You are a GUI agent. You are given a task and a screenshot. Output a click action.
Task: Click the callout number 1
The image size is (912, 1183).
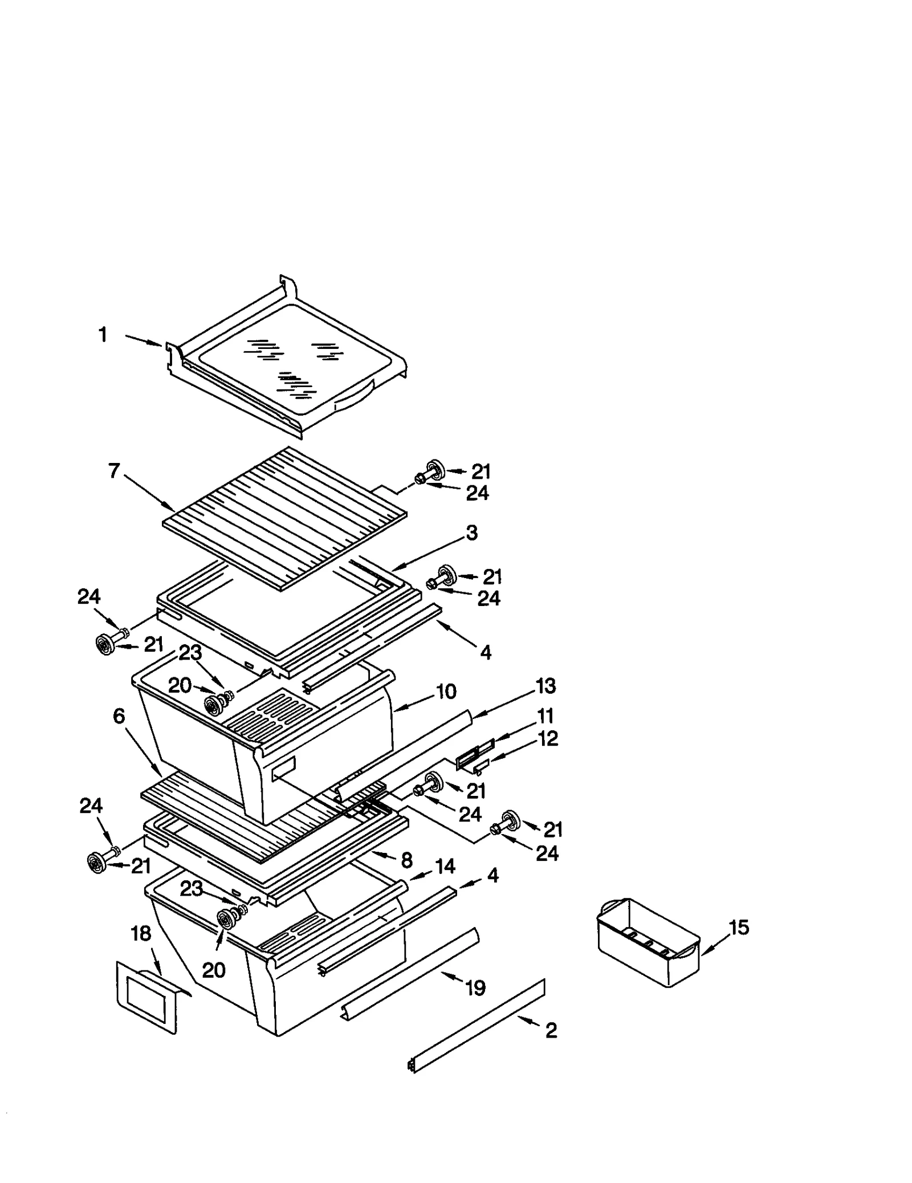click(103, 335)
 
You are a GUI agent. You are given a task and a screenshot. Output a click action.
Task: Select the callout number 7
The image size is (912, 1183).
click(114, 471)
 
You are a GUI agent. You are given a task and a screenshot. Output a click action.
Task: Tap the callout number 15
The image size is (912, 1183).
click(739, 928)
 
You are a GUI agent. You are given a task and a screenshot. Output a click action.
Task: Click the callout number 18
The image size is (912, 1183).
click(141, 933)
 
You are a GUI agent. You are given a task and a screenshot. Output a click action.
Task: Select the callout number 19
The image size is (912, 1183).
click(475, 987)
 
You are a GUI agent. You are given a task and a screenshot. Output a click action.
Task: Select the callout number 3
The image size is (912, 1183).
click(471, 533)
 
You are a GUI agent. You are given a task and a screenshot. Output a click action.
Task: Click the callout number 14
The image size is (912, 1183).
click(445, 866)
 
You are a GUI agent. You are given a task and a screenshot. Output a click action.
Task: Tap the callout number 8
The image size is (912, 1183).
click(406, 860)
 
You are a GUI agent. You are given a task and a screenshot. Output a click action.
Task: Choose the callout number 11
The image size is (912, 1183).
click(545, 716)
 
